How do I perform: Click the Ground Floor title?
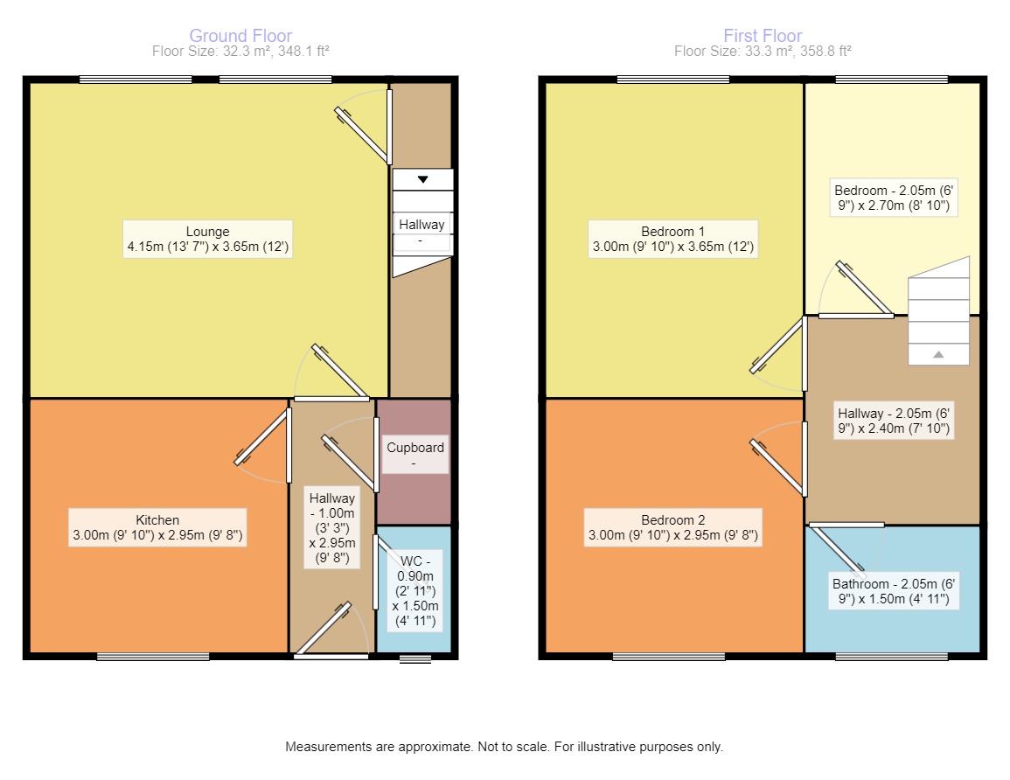click(240, 36)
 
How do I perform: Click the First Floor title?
click(763, 36)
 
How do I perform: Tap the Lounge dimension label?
click(207, 239)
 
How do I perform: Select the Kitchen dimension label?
click(157, 527)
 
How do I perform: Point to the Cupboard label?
click(414, 454)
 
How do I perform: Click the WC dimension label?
click(415, 590)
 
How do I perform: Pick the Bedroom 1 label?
click(673, 239)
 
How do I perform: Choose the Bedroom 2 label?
click(673, 527)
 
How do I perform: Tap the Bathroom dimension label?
click(894, 591)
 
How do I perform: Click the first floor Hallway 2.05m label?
click(894, 421)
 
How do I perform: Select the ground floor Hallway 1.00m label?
click(331, 528)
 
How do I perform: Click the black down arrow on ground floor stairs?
click(422, 179)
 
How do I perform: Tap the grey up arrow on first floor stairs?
click(938, 354)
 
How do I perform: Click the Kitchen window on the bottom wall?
click(153, 657)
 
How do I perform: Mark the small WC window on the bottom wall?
click(414, 658)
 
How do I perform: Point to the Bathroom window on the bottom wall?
click(891, 657)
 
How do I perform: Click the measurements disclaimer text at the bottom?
click(504, 747)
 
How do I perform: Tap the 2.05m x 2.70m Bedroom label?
click(894, 198)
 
